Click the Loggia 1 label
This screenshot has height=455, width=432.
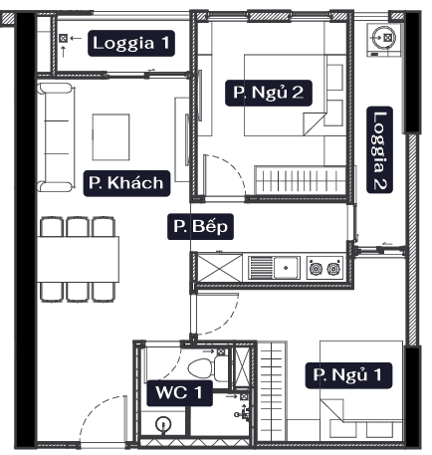[131, 43]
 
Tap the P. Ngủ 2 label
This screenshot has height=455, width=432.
[269, 93]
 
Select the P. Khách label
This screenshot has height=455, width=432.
[126, 183]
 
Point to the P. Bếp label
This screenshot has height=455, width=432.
[200, 227]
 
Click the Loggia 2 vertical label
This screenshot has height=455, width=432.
[379, 149]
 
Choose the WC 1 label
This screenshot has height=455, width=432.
[179, 393]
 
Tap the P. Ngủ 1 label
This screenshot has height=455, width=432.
[348, 375]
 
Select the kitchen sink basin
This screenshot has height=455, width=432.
[287, 267]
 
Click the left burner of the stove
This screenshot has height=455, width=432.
[316, 268]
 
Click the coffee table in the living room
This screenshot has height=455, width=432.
[110, 137]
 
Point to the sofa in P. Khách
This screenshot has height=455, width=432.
[56, 137]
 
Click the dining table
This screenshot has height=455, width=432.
[78, 259]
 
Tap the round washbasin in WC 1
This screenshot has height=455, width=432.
[163, 424]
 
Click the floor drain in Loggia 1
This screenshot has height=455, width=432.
[63, 39]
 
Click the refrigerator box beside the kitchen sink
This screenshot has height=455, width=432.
[220, 268]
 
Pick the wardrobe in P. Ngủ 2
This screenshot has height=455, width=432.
[301, 180]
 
